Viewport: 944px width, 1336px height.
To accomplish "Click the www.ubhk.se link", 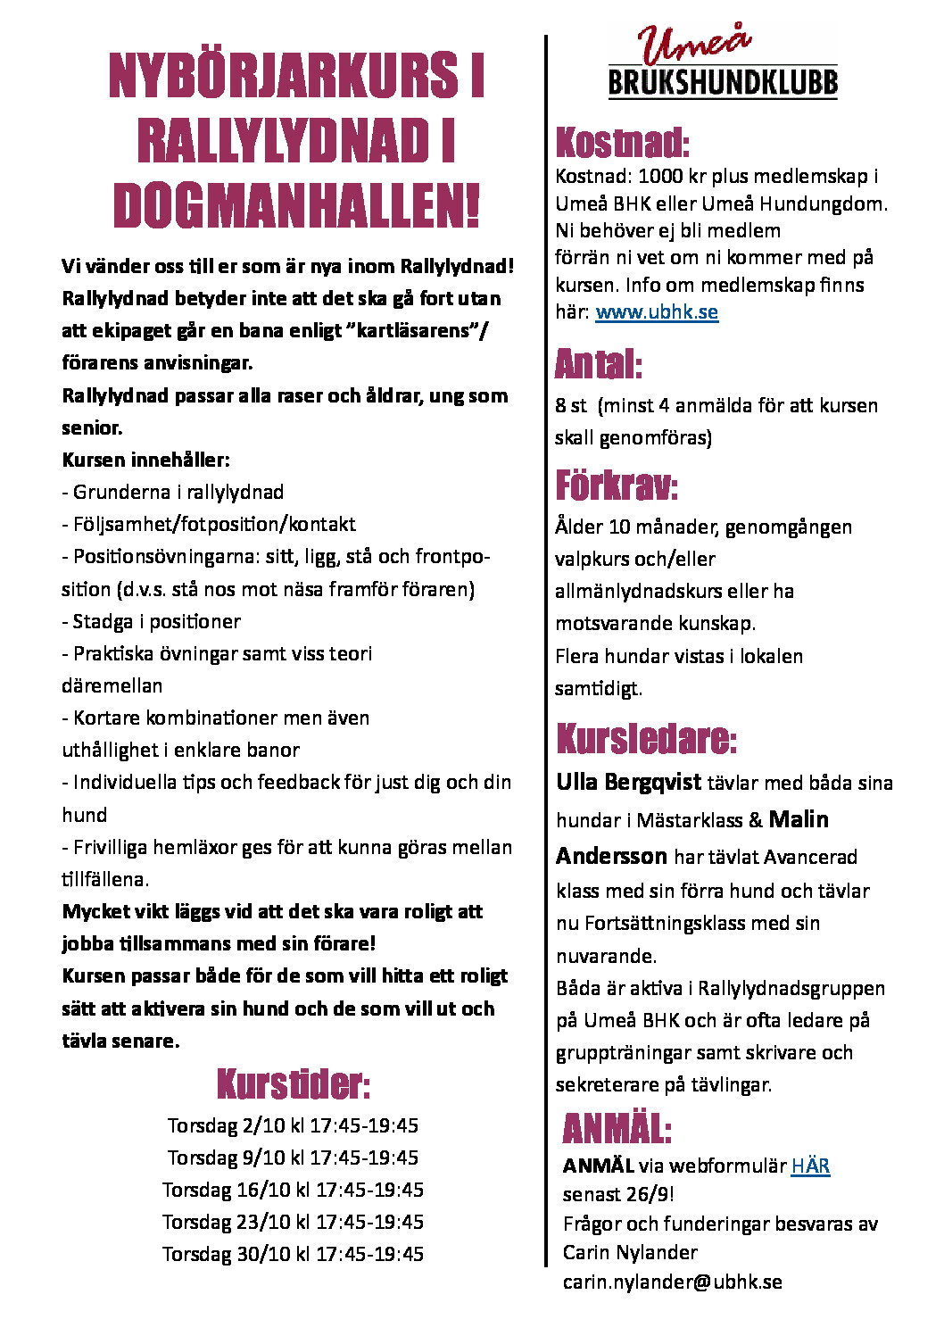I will [657, 312].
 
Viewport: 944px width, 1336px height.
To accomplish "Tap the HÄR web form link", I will [810, 1166].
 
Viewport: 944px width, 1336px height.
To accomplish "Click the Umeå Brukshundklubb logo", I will [722, 62].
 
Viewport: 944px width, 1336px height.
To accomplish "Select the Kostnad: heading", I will [622, 143].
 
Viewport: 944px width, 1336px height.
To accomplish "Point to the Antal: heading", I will [598, 364].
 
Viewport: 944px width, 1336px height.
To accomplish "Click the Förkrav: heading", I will [616, 486].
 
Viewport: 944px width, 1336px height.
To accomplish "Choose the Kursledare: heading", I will [646, 739].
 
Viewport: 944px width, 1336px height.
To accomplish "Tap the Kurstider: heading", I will [293, 1084].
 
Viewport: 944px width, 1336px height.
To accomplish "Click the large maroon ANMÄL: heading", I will [617, 1129].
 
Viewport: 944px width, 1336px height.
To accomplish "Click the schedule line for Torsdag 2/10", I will [293, 1125].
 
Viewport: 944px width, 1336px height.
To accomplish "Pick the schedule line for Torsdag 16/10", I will [293, 1190].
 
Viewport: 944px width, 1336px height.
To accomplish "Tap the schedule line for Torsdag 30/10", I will [293, 1254].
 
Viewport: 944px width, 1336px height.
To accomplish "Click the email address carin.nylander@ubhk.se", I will [672, 1282].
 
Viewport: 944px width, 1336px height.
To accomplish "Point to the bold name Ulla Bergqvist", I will [628, 783].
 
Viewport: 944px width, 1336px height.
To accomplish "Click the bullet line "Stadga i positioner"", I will [152, 621].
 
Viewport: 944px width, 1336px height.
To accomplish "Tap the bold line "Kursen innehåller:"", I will [145, 461].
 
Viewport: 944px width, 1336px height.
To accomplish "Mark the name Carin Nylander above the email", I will [630, 1253].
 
